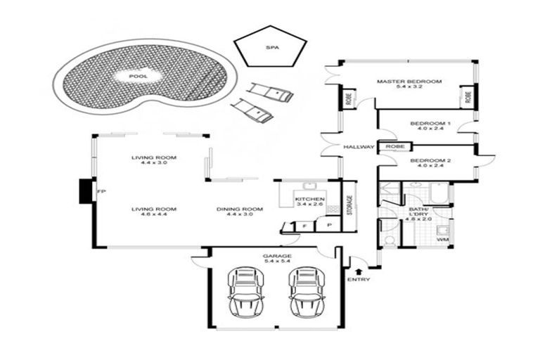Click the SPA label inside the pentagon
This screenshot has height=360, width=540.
pyautogui.click(x=271, y=48)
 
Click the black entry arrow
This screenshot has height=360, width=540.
pyautogui.click(x=359, y=270)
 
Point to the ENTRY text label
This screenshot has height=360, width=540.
pyautogui.click(x=359, y=280)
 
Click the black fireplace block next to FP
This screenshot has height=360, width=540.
pyautogui.click(x=86, y=191)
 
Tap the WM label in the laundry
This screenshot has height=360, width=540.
pyautogui.click(x=442, y=240)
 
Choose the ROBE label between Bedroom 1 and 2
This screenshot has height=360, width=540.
pyautogui.click(x=393, y=147)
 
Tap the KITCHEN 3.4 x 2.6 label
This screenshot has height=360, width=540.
pyautogui.click(x=309, y=202)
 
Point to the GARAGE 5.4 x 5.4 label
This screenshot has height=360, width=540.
pyautogui.click(x=276, y=258)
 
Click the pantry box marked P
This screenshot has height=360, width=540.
pyautogui.click(x=328, y=224)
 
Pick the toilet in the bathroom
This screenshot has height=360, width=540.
pyautogui.click(x=390, y=240)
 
